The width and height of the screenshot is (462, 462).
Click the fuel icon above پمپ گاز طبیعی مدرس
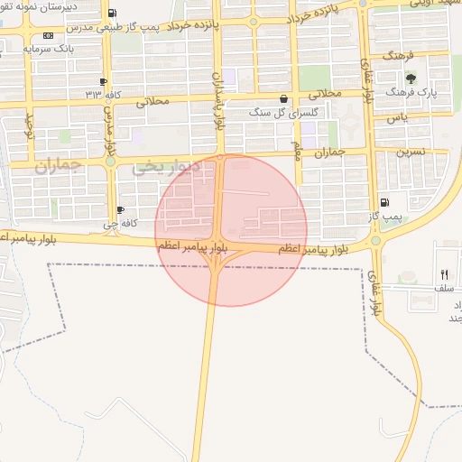(x=111, y=14)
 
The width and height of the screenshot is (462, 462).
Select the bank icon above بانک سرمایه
(x=47, y=34)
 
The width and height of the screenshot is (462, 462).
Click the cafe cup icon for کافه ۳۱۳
(x=104, y=80)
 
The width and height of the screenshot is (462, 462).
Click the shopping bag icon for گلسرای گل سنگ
(x=284, y=100)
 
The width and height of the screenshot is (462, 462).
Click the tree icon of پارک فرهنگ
(x=411, y=79)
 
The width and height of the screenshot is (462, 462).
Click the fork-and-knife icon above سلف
(x=444, y=274)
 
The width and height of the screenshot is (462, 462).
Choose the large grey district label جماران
(x=59, y=166)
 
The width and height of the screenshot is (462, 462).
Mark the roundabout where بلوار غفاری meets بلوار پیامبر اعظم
(x=374, y=241)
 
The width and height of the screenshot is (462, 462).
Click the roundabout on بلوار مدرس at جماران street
(x=109, y=162)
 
